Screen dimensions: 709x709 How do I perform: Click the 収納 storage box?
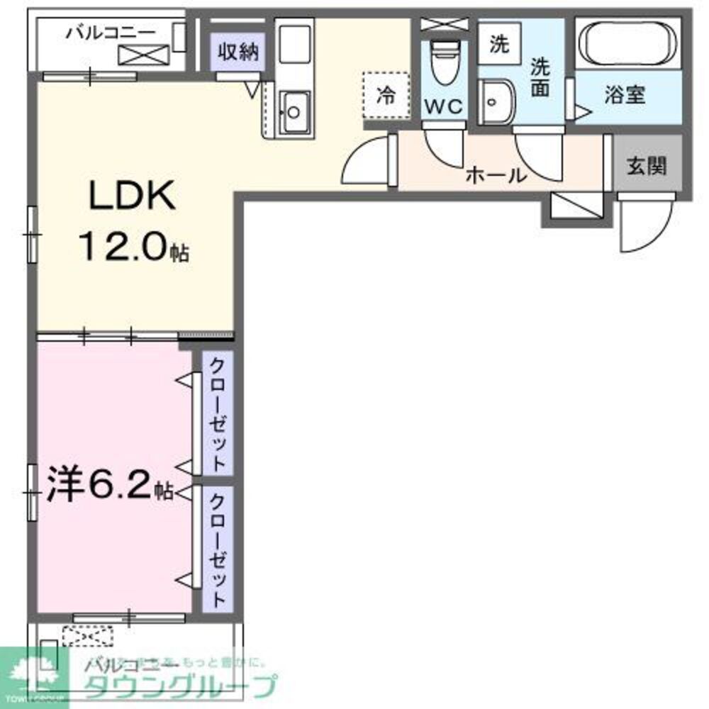click(x=238, y=52)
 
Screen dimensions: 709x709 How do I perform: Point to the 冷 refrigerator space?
click(x=386, y=96)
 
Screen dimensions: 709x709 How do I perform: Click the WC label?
click(x=444, y=108)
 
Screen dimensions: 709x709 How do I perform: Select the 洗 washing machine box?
click(x=500, y=44)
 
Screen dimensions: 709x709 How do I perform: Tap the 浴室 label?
click(x=625, y=96)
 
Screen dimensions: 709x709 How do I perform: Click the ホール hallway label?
click(x=496, y=174)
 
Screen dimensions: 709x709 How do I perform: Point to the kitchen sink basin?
click(x=292, y=112)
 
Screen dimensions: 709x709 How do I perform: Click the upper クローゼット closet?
click(x=218, y=415)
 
